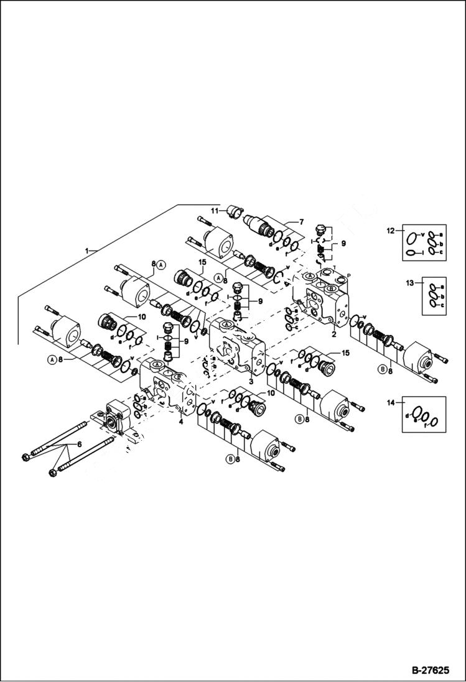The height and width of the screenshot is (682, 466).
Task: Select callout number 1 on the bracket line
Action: (x=87, y=250)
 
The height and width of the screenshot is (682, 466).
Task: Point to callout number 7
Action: (x=301, y=221)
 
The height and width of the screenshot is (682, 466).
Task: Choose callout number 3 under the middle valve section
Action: (x=250, y=381)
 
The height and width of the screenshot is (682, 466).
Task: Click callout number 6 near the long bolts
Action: (x=79, y=444)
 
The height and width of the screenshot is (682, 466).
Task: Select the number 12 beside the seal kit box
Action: (x=391, y=231)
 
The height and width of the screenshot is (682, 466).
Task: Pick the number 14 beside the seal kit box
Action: (x=391, y=403)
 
